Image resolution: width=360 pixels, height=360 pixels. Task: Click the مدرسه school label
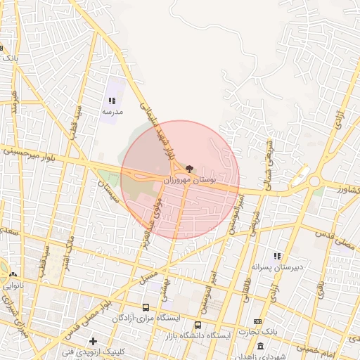112,112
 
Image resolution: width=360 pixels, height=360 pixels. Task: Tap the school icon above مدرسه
112,101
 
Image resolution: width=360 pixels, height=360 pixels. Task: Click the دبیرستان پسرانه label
277,267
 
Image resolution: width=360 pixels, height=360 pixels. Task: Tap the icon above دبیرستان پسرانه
277,257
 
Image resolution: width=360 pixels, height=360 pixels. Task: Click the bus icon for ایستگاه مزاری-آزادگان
146,308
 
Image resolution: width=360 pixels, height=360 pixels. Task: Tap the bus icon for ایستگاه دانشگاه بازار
198,326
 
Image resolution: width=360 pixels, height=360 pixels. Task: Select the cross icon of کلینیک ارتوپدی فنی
93,341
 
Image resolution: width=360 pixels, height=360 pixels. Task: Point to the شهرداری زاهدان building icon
261,346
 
